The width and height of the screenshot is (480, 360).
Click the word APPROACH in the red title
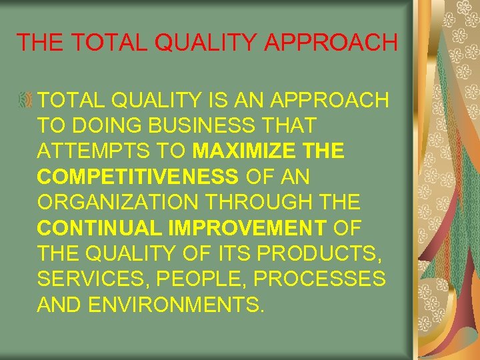click(331, 42)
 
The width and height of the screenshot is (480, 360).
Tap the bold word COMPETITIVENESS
click(138, 177)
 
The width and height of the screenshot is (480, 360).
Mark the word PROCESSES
click(319, 279)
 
